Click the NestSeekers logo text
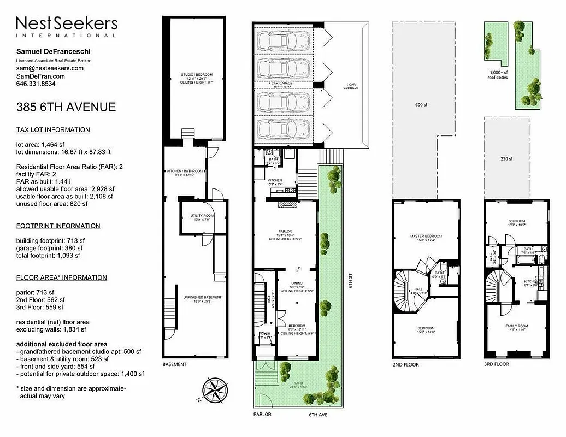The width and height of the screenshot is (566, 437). pos(67,25)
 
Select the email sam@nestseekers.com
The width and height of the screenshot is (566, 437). pos(50,68)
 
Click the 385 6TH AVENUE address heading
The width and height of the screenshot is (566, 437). pos(66,107)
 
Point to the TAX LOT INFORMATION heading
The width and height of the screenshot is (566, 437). pos(53,130)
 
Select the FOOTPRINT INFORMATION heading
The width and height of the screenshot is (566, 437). pos(58,226)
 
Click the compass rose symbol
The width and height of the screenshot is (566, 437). pos(215,390)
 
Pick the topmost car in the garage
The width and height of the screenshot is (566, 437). pos(284,40)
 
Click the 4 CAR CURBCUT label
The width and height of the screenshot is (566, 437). pos(351,86)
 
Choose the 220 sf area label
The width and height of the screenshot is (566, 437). pos(506,159)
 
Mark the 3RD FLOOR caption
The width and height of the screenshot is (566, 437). pos(496,364)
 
